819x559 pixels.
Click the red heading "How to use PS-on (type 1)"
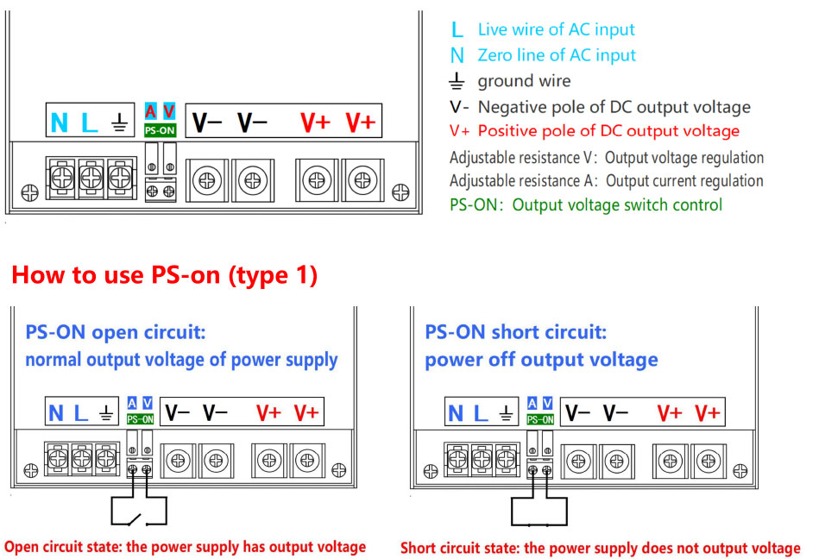point(165,276)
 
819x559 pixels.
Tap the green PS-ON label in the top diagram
point(161,131)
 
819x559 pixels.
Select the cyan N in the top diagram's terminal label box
point(59,122)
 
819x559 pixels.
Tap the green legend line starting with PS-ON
point(586,205)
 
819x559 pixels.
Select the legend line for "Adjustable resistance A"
point(606,181)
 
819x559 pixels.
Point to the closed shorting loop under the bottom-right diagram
point(539,512)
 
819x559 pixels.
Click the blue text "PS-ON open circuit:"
point(116,333)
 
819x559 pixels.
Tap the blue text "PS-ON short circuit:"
point(517,333)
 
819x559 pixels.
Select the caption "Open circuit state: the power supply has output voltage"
point(185,547)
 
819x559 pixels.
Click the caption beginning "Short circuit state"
point(600,548)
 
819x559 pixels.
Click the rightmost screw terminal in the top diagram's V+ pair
point(360,181)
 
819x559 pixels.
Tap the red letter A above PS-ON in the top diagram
point(151,111)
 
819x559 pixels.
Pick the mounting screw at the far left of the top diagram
point(29,191)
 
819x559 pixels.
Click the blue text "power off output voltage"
point(541,360)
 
